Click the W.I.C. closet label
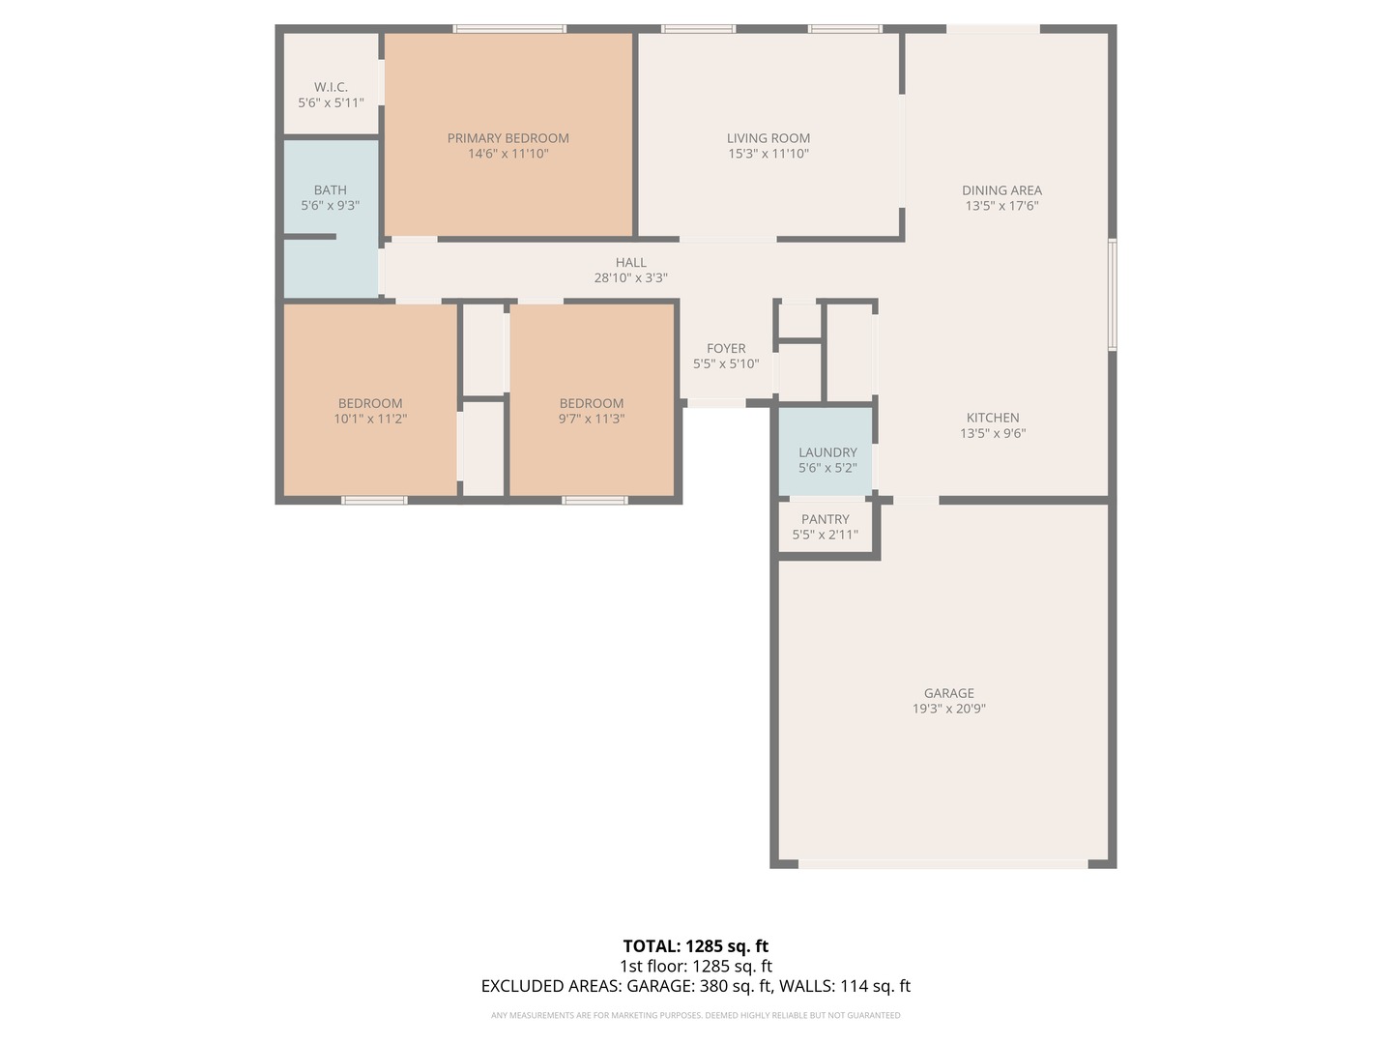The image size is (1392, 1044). pos(331,87)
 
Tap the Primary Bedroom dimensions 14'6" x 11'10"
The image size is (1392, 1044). pos(507,154)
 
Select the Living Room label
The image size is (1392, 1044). pos(768,138)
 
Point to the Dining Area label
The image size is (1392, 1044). pos(1001,190)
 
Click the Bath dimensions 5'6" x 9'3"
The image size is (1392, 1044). pos(330,205)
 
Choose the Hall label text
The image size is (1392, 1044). pos(631,262)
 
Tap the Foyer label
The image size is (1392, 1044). pos(726,349)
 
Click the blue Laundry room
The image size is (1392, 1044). pos(826,451)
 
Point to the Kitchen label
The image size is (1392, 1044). pos(993,418)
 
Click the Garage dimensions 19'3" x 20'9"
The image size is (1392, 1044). pos(948,709)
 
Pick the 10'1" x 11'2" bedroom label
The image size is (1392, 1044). pos(370,411)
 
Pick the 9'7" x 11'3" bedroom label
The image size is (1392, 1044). pos(591,411)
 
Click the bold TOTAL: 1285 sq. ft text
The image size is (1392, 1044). pos(696,946)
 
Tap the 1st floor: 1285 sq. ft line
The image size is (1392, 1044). pos(696,966)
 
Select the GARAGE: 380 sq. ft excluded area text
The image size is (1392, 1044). pos(700,986)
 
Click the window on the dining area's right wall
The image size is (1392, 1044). pos(1113,295)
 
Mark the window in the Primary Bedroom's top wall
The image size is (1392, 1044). pos(509,29)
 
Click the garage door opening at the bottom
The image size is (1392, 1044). pos(943,864)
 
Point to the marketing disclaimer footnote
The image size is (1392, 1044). pos(696,1015)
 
